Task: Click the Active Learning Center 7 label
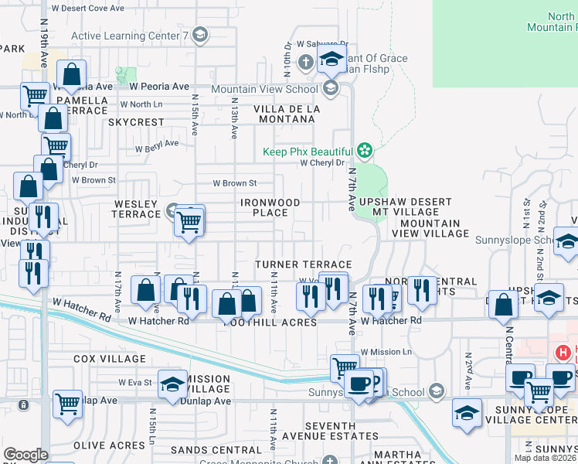tap(130, 36)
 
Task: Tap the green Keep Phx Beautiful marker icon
tap(364, 151)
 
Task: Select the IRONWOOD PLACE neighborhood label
tap(270, 207)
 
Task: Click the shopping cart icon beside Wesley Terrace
tap(189, 222)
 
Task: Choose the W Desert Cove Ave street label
tap(87, 8)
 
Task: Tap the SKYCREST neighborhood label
tap(136, 122)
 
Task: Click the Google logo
tap(25, 455)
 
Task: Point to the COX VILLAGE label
tap(109, 359)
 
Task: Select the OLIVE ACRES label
tap(109, 445)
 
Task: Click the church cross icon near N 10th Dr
tap(306, 61)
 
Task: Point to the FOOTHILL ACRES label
tap(270, 322)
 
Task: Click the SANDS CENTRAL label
tap(206, 449)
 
